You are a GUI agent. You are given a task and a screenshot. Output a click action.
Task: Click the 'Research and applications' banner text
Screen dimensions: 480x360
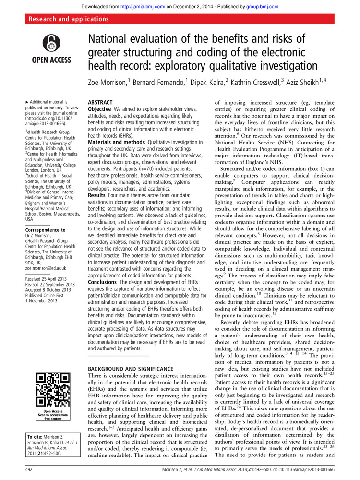[69, 19]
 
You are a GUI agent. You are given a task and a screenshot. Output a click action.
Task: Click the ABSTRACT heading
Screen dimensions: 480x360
[100, 103]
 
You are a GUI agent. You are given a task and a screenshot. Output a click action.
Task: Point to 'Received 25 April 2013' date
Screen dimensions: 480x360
[48, 279]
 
